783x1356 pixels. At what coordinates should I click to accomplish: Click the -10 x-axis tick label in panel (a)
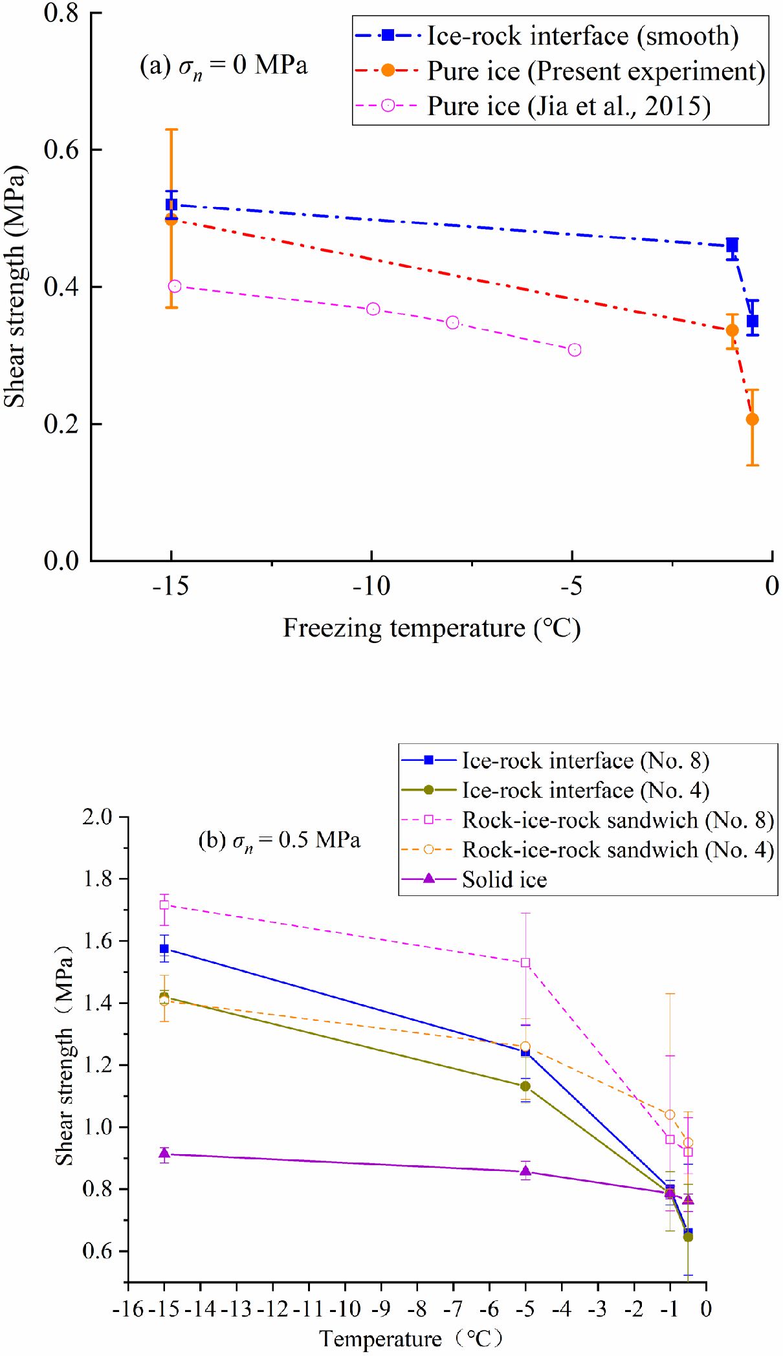click(371, 586)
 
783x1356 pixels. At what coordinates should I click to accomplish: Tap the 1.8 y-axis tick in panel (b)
click(98, 879)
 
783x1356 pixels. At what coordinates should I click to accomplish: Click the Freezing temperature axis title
click(432, 628)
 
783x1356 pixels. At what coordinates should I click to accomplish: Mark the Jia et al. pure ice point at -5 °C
click(574, 350)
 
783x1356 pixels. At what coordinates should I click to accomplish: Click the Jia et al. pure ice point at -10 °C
click(373, 309)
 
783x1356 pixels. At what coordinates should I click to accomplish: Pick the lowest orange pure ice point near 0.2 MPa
click(752, 419)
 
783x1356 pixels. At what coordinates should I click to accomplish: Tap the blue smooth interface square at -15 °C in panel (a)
click(171, 205)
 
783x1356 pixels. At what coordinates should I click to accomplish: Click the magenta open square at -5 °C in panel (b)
click(525, 963)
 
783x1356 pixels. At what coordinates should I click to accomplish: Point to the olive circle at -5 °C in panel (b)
click(525, 1086)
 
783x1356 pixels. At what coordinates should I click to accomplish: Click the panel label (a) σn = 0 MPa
click(223, 66)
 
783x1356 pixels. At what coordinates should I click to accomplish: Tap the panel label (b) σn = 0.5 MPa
click(279, 840)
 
